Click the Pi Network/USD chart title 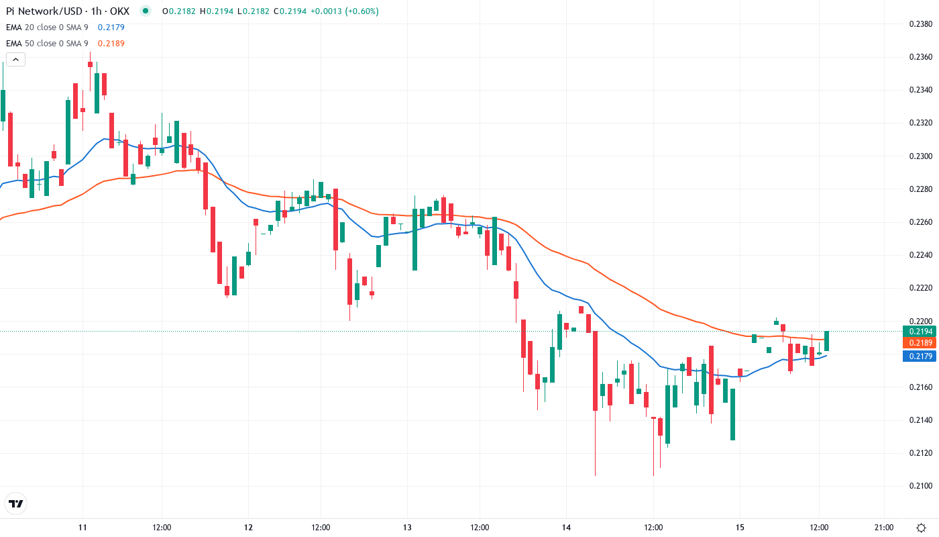[x=67, y=11]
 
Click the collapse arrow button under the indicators [x=15, y=59]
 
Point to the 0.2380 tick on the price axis [x=920, y=24]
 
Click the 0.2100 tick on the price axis [x=920, y=486]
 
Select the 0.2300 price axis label [x=920, y=156]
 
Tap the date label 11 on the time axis [x=82, y=528]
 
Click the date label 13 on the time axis [x=406, y=528]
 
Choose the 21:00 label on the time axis [x=884, y=528]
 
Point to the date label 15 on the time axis [x=740, y=528]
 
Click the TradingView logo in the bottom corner [x=15, y=503]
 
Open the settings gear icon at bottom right [x=922, y=528]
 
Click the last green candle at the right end [x=827, y=340]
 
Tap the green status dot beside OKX [x=146, y=11]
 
